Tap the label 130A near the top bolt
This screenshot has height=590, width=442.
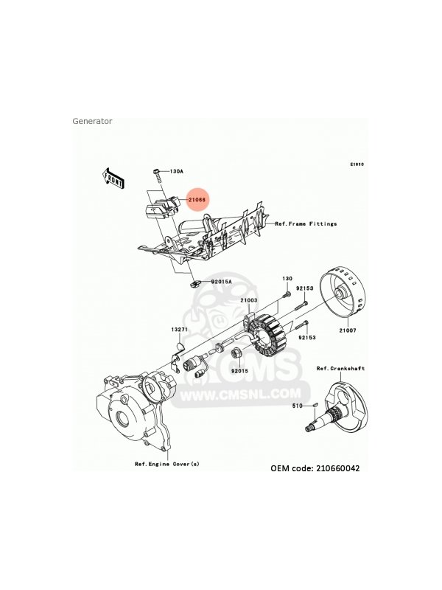pos(176,171)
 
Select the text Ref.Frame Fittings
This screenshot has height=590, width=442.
pos(305,223)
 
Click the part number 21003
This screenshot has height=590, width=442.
pos(247,301)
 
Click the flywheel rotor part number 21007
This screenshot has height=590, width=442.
pos(346,330)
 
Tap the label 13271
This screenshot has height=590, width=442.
pos(180,329)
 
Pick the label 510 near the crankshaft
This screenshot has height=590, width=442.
pos(296,405)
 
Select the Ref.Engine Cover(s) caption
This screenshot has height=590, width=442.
pos(166,464)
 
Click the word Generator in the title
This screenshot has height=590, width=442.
pos(92,121)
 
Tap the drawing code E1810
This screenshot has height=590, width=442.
pos(357,164)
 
